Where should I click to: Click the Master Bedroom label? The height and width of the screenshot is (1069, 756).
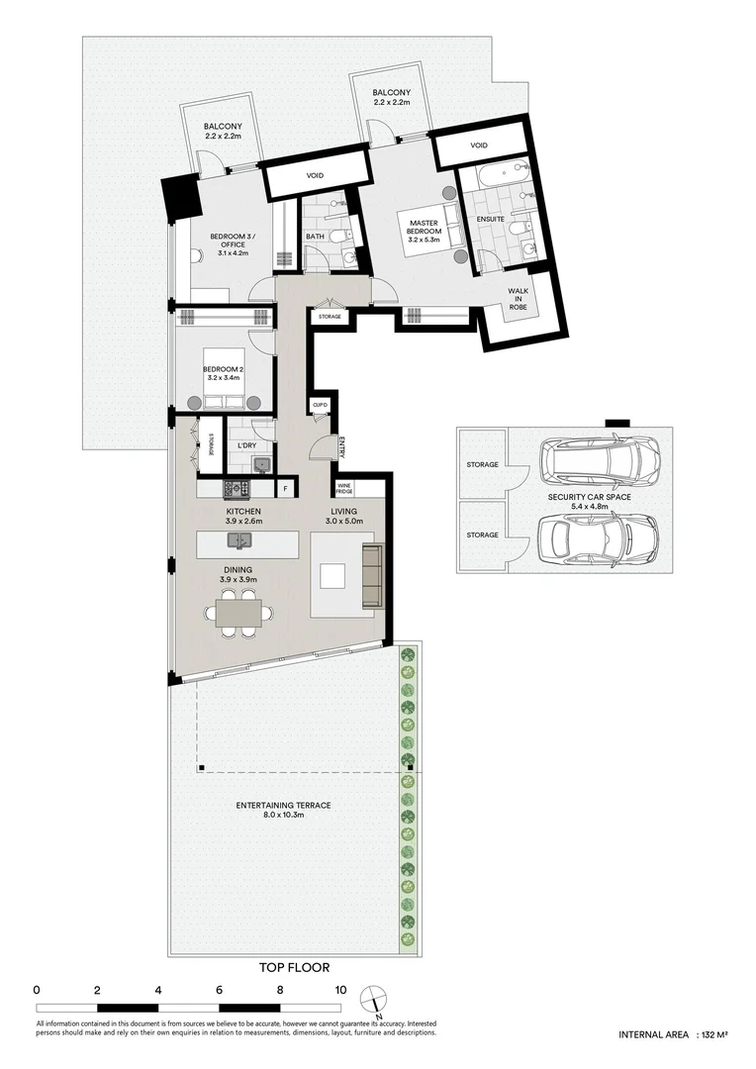coord(425,227)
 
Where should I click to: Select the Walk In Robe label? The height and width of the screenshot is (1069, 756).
coord(519,299)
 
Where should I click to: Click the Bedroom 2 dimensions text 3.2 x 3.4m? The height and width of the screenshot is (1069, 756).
coord(225,378)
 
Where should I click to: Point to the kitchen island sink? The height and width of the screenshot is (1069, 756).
coord(239,540)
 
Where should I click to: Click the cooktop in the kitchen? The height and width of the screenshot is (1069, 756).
coord(236,488)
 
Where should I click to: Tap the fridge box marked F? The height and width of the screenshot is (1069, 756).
coord(284,489)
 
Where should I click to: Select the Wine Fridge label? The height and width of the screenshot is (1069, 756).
coord(344,489)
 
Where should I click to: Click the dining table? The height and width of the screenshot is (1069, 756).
coord(238,612)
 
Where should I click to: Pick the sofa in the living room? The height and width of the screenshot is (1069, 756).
coord(372,576)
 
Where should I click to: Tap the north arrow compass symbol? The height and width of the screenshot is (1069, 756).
coord(374,998)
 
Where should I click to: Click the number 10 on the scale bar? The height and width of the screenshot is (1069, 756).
coord(340,990)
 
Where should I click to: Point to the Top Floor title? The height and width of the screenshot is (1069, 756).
coord(295,967)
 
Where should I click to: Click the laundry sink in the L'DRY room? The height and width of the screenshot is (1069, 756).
coord(262,465)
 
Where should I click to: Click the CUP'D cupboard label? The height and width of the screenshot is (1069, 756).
coord(321,405)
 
